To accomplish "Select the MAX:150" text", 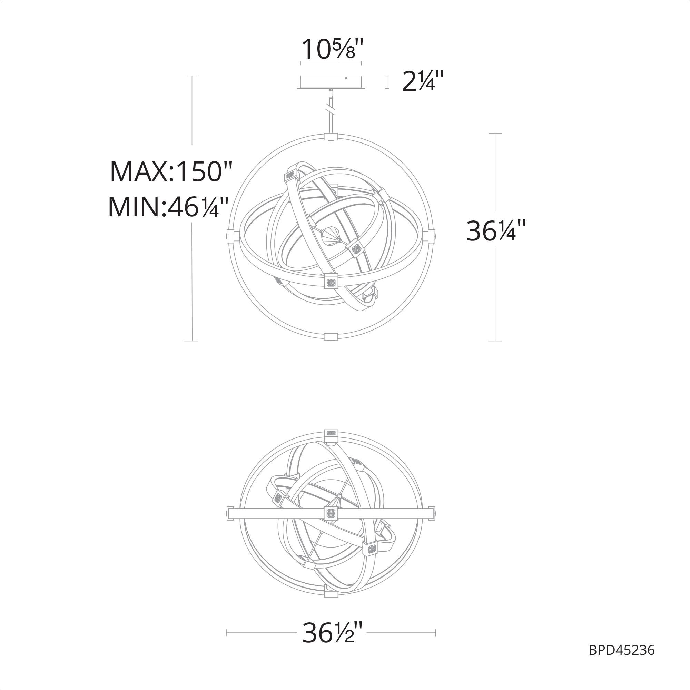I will [x=171, y=172].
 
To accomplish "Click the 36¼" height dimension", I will [x=496, y=231].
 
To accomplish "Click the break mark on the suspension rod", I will [x=331, y=108].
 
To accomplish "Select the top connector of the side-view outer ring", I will [x=331, y=137].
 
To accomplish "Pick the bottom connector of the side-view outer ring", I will [x=331, y=337].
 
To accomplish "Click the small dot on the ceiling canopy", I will [x=346, y=78].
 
